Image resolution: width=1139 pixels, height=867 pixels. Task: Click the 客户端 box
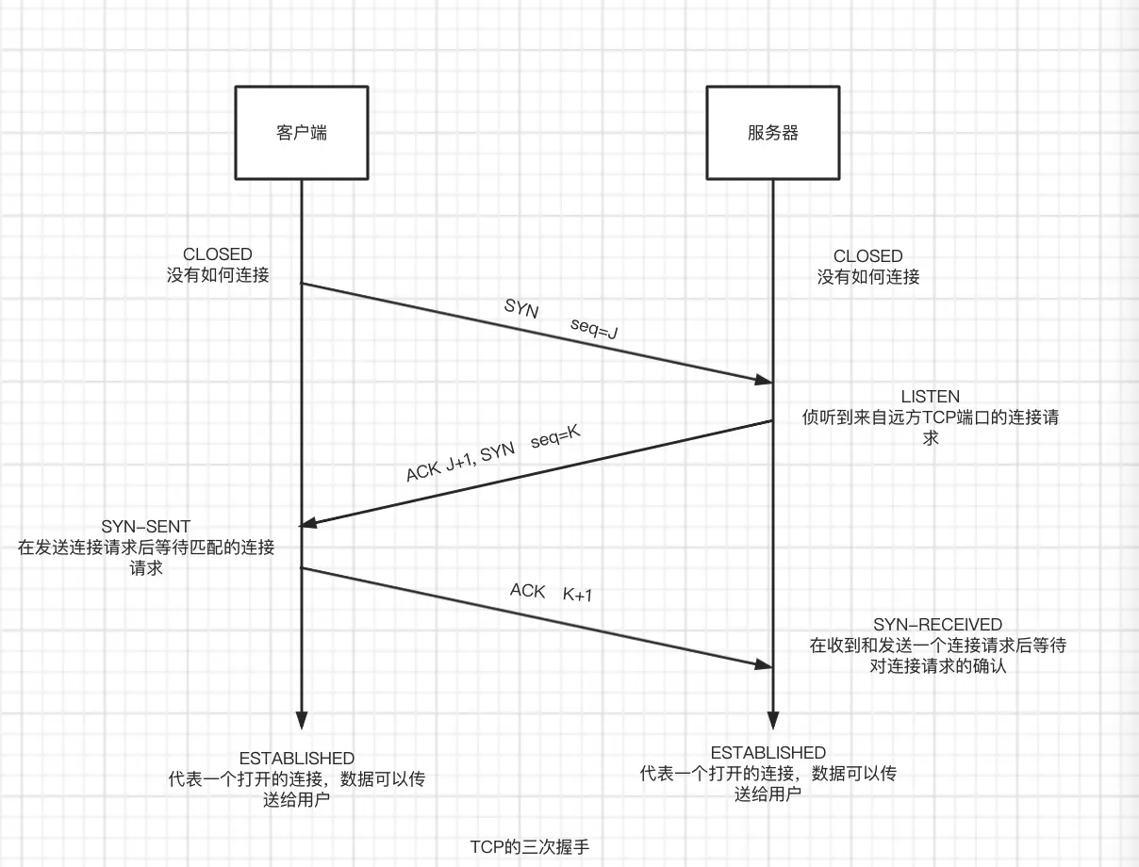click(302, 132)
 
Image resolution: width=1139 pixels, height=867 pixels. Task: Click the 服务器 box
click(773, 132)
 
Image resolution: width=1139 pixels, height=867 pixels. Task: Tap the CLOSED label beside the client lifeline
click(218, 254)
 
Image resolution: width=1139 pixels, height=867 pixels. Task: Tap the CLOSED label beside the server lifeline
click(868, 256)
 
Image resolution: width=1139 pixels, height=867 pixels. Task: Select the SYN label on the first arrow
click(521, 308)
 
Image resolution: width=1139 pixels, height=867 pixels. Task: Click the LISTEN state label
click(930, 397)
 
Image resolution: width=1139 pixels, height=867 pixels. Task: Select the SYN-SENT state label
click(146, 527)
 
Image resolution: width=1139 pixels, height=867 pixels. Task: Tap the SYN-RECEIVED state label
click(937, 625)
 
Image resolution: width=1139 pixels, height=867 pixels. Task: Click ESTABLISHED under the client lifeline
click(296, 759)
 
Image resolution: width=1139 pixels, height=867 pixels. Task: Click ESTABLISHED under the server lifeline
click(768, 753)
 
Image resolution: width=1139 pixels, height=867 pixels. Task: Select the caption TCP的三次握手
click(529, 845)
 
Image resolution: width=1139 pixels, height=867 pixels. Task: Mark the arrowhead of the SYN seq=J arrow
click(763, 380)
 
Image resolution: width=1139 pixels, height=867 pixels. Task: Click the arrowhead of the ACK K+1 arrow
click(763, 664)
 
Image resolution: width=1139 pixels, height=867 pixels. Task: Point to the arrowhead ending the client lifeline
click(302, 719)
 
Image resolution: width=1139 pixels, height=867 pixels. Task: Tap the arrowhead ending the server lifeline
click(773, 719)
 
